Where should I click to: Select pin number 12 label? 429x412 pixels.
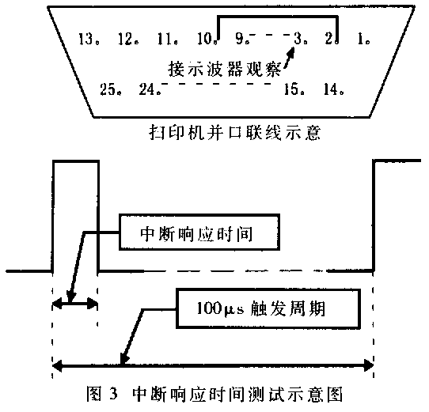pyautogui.click(x=126, y=39)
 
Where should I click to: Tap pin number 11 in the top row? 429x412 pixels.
pyautogui.click(x=165, y=39)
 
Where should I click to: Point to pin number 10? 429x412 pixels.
pyautogui.click(x=205, y=39)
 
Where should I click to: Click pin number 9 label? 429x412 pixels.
pyautogui.click(x=240, y=39)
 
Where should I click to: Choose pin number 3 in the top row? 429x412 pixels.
pyautogui.click(x=298, y=39)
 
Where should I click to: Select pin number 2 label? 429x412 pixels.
pyautogui.click(x=329, y=39)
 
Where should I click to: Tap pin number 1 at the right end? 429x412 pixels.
pyautogui.click(x=361, y=39)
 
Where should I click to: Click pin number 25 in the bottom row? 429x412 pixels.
pyautogui.click(x=108, y=89)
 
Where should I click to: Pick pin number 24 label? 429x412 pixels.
pyautogui.click(x=147, y=89)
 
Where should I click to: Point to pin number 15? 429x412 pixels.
pyautogui.click(x=291, y=89)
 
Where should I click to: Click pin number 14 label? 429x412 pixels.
pyautogui.click(x=332, y=89)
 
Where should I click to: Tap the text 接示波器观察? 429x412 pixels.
pyautogui.click(x=224, y=68)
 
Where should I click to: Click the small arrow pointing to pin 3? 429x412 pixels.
pyautogui.click(x=289, y=58)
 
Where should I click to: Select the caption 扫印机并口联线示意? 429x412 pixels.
pyautogui.click(x=234, y=133)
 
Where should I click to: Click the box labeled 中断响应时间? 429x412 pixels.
pyautogui.click(x=199, y=232)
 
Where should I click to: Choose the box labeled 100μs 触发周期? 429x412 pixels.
pyautogui.click(x=268, y=308)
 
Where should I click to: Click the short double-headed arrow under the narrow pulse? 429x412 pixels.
pyautogui.click(x=75, y=303)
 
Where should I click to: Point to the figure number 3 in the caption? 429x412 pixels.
pyautogui.click(x=113, y=395)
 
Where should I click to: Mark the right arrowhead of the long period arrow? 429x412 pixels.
pyautogui.click(x=369, y=365)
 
